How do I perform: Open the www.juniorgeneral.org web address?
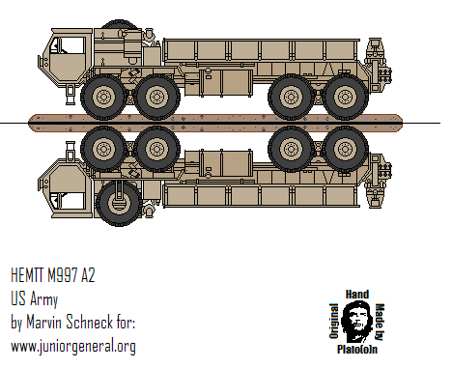(71, 345)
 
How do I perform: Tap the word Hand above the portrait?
(357, 292)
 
